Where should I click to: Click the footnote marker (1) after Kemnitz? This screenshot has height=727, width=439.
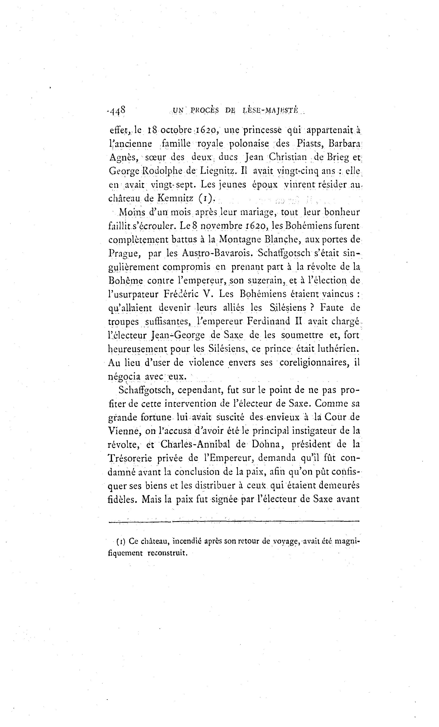205,198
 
